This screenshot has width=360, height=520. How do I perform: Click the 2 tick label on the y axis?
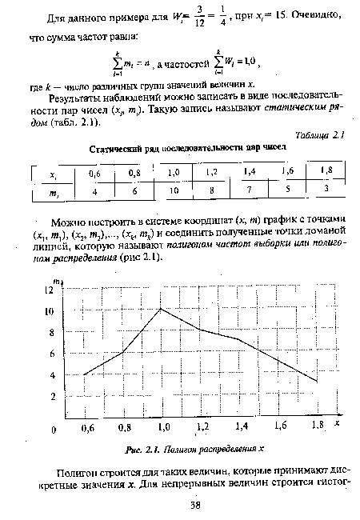(53, 397)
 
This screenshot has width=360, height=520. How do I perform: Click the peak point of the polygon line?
(162, 308)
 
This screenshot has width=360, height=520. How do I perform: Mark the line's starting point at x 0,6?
(84, 374)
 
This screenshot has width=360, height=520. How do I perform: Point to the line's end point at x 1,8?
(317, 382)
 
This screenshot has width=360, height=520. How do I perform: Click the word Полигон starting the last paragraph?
(78, 473)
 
